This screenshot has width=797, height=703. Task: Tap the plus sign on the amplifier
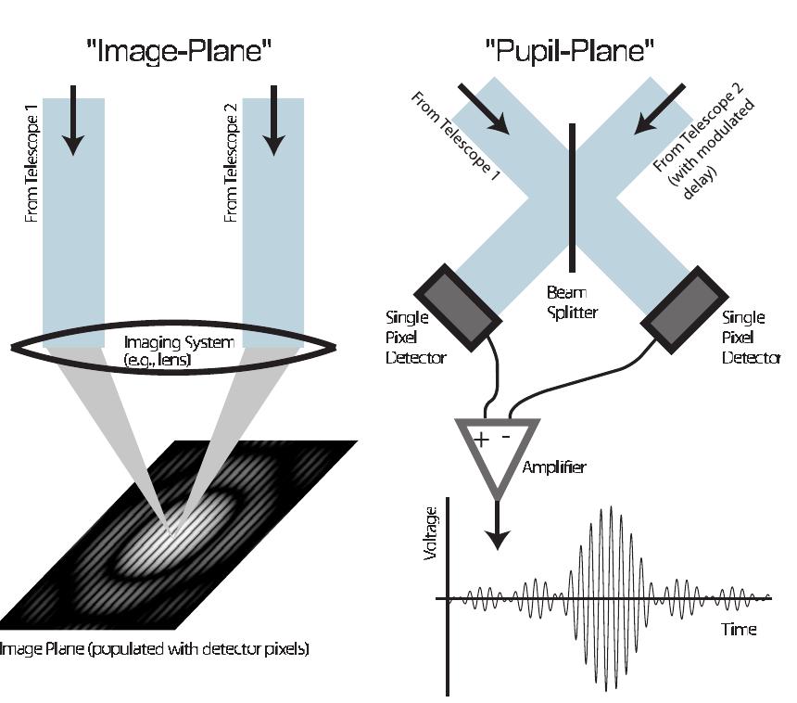click(480, 439)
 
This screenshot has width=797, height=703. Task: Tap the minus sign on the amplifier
click(506, 437)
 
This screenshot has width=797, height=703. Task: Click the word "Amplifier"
click(553, 467)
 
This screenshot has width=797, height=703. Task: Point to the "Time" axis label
click(739, 630)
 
